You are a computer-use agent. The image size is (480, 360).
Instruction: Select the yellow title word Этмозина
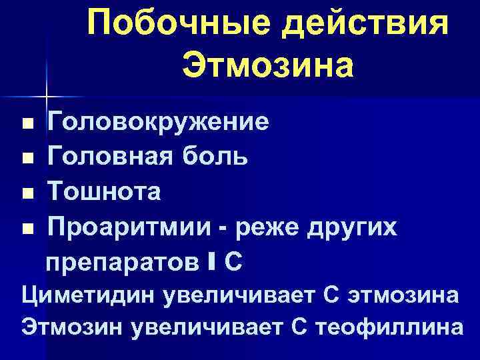(x=267, y=65)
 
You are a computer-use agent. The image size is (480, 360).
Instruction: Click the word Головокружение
(x=157, y=123)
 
